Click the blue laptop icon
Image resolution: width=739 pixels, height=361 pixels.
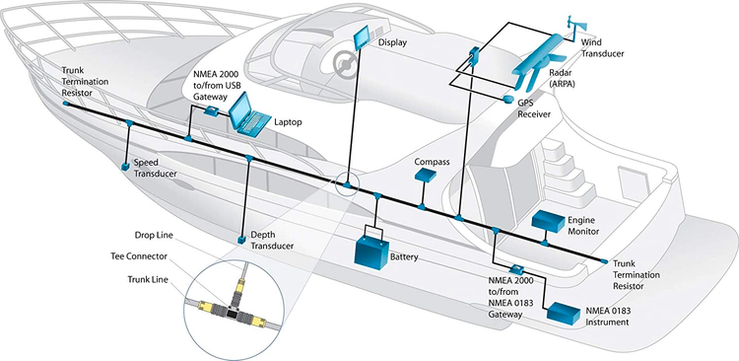249,117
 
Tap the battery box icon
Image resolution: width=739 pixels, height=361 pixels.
371,250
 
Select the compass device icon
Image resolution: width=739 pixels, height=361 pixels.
425,176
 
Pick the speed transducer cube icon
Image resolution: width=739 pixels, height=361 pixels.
125,167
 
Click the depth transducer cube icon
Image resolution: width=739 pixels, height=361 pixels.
241,240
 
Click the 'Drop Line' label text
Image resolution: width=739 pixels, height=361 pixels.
157,236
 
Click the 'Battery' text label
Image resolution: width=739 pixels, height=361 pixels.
404,257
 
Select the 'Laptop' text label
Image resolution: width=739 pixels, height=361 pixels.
289,122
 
